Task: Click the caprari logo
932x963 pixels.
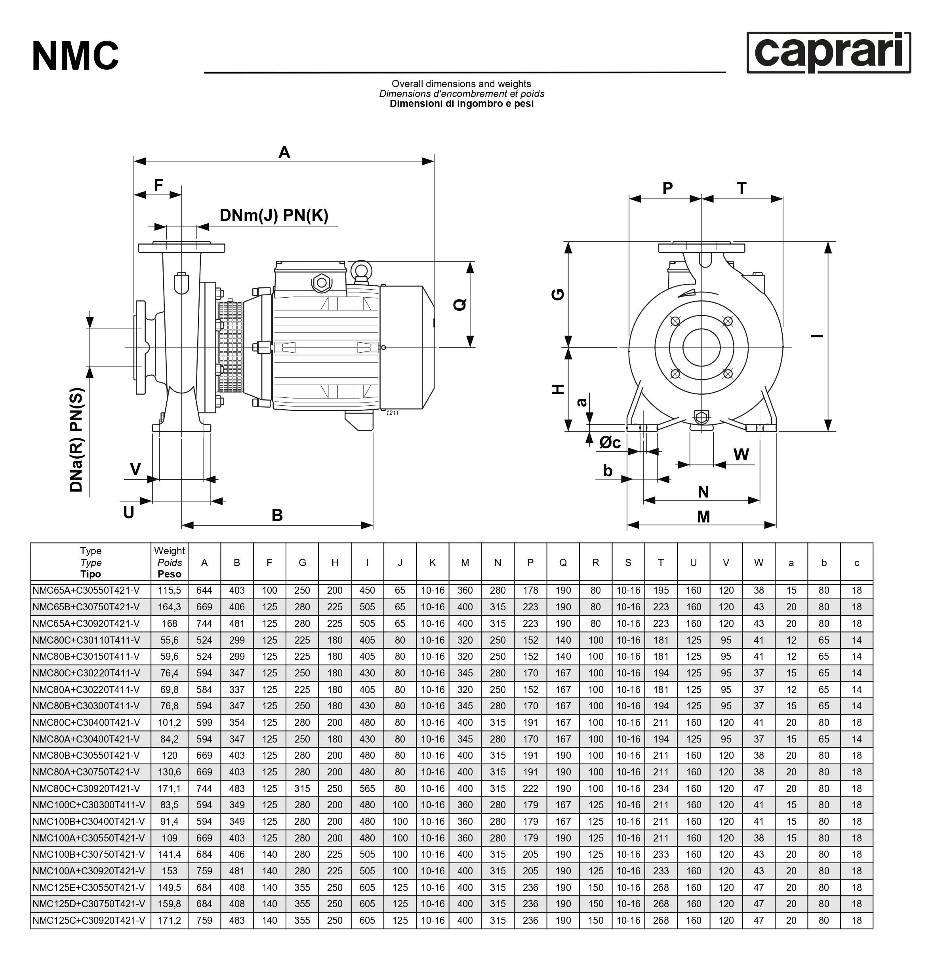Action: click(x=828, y=53)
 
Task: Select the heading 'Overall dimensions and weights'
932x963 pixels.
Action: click(x=461, y=84)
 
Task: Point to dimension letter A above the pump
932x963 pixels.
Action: click(x=284, y=152)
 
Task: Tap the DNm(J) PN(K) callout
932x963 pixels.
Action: click(x=274, y=215)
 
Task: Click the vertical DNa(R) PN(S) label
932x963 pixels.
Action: click(x=77, y=440)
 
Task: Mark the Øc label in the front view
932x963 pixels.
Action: click(x=610, y=443)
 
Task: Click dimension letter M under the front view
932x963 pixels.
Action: click(x=703, y=517)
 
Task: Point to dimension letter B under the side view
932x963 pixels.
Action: click(x=277, y=515)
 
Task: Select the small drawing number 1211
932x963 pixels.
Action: click(x=392, y=413)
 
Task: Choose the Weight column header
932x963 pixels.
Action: click(x=169, y=562)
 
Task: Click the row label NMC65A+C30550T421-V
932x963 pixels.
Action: click(x=86, y=591)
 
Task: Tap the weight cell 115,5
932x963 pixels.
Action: click(x=169, y=591)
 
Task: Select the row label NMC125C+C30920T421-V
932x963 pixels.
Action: click(x=88, y=920)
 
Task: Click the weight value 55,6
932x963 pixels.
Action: click(x=169, y=640)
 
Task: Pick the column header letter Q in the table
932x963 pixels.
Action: click(x=563, y=562)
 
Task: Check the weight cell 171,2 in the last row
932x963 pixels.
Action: click(x=169, y=920)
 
